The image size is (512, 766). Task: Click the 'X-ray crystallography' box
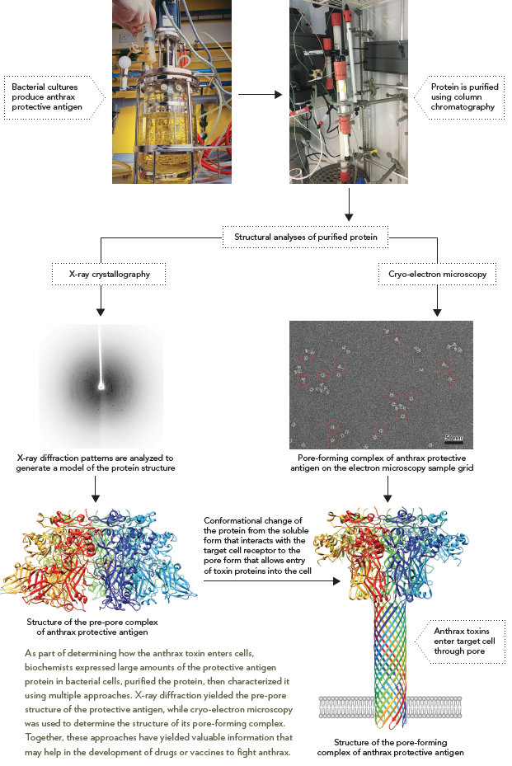pyautogui.click(x=100, y=275)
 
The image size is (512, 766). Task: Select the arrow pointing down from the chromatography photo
pyautogui.click(x=349, y=205)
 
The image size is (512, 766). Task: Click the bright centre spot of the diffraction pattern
pyautogui.click(x=101, y=384)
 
